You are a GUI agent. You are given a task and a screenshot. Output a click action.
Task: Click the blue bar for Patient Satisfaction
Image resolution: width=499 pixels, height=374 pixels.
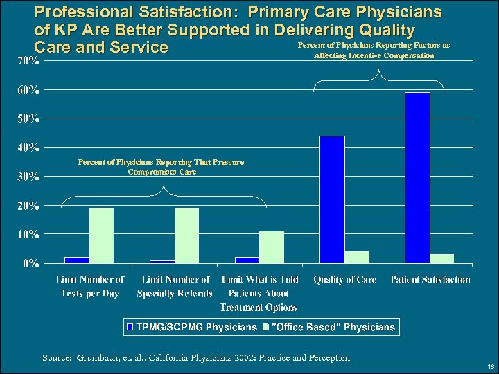[x=418, y=177]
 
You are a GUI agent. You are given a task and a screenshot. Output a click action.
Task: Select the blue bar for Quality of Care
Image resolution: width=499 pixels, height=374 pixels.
[x=332, y=199]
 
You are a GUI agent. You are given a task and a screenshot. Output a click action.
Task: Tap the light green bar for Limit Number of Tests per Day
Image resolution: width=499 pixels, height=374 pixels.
[x=101, y=235]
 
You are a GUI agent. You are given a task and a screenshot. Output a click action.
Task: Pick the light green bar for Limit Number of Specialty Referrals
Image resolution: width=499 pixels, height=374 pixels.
[x=186, y=235]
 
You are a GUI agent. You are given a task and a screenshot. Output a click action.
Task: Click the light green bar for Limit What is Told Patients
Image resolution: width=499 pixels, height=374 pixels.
[x=272, y=247]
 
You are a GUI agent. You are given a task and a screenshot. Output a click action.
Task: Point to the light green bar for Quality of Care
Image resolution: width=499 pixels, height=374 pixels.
[x=358, y=257]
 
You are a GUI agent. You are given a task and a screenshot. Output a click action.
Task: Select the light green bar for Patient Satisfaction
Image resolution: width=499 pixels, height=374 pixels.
[x=442, y=258]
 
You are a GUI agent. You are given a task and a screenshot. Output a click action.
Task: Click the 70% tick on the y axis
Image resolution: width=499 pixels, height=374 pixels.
[x=28, y=61]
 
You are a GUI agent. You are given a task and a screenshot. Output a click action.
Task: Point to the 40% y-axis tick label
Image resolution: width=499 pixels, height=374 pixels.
[x=28, y=148]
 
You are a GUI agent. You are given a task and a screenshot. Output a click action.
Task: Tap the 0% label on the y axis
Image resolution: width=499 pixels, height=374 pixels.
[x=30, y=263]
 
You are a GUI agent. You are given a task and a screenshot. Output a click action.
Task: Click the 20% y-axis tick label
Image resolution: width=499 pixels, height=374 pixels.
[x=28, y=206]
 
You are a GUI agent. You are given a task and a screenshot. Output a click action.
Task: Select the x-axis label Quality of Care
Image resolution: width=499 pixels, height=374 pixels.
[x=344, y=280]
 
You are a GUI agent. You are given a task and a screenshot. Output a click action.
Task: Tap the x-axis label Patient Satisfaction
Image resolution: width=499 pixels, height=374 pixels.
[x=430, y=280]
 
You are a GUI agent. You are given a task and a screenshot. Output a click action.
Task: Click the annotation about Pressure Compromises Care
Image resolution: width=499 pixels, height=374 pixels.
[x=161, y=167]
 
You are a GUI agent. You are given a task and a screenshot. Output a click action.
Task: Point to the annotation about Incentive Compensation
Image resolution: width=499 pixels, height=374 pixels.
[x=374, y=50]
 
